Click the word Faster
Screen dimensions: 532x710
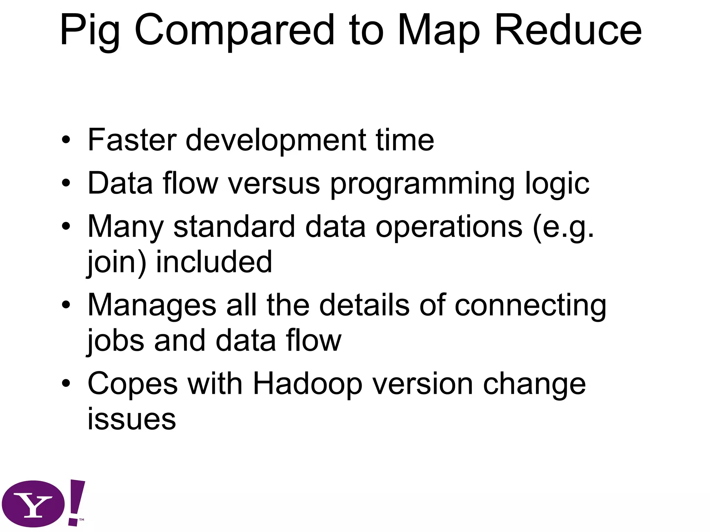[x=132, y=140]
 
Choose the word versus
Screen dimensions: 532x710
[x=274, y=184]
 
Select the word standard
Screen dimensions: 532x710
[x=234, y=227]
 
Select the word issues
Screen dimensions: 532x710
[x=132, y=419]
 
